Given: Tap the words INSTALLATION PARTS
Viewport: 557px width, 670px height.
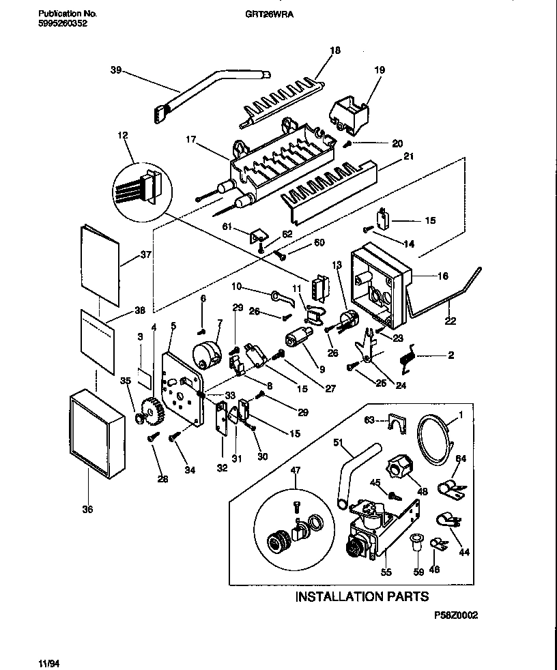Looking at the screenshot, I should tap(362, 596).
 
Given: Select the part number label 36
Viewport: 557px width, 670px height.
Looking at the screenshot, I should tap(87, 509).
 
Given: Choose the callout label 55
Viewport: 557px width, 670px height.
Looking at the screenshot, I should tap(386, 572).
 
